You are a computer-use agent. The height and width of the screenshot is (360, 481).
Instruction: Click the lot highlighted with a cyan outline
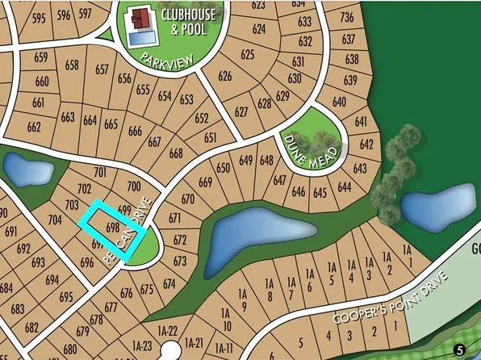pyautogui.click(x=113, y=229)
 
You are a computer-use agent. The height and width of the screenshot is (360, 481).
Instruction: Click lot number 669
pyautogui.click(x=205, y=182)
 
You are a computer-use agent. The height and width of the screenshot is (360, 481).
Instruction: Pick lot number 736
pyautogui.click(x=348, y=18)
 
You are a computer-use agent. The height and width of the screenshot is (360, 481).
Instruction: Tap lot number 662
pyautogui.click(x=34, y=127)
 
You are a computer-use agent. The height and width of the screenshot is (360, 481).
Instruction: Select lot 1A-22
pyautogui.click(x=167, y=330)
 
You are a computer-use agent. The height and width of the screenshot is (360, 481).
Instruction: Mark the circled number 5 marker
pyautogui.click(x=459, y=350)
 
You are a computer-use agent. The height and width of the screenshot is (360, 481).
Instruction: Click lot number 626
pyautogui.click(x=224, y=77)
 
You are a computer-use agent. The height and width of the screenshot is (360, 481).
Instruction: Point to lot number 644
pyautogui.click(x=345, y=187)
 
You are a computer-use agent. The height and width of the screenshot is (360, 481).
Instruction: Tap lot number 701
pyautogui.click(x=100, y=172)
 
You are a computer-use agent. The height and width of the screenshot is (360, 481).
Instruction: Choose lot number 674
pyautogui.click(x=169, y=283)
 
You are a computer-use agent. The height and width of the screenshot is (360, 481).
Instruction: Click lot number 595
pyautogui.click(x=39, y=17)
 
